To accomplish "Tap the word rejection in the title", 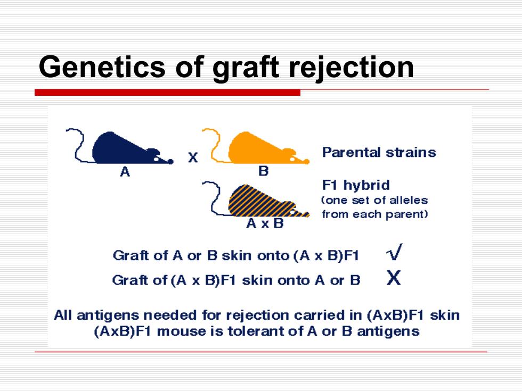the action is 351,68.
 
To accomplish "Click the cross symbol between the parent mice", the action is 193,157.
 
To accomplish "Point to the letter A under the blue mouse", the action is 125,172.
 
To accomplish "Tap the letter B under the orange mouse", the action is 263,171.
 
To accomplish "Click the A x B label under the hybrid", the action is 265,223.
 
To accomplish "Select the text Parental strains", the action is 379,152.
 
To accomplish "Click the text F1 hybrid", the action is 356,185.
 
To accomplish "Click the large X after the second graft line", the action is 394,277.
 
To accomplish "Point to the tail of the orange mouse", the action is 213,146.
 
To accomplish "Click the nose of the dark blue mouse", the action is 170,162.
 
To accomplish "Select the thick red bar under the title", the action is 167,93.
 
